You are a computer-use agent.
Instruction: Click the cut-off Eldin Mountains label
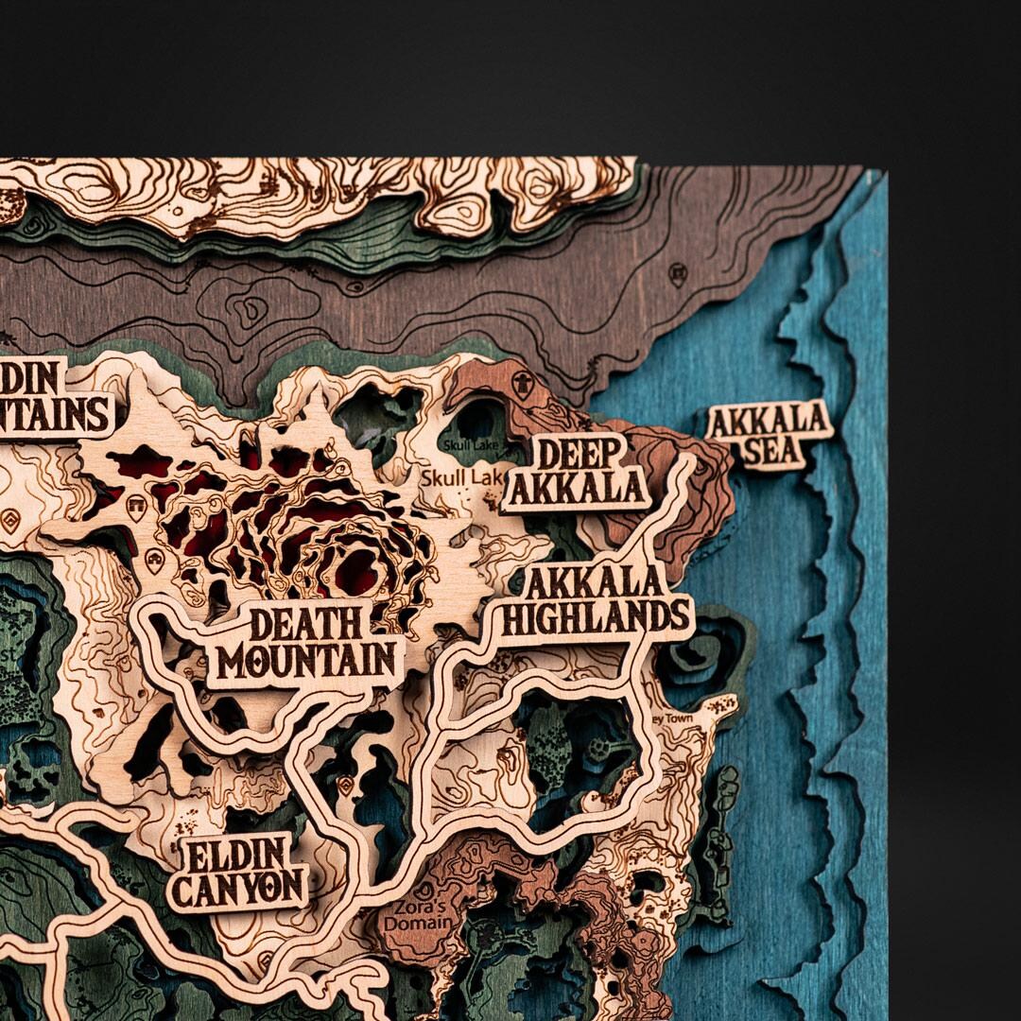[x=52, y=398]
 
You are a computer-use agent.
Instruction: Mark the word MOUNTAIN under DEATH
[x=302, y=660]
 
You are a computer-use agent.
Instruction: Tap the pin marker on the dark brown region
[x=677, y=275]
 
